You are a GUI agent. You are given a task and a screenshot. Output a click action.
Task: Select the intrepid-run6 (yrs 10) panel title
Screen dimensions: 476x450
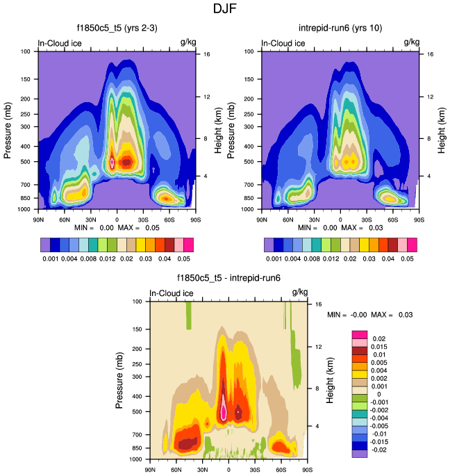340,28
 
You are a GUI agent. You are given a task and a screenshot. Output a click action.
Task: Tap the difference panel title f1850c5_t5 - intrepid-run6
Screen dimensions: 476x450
228,278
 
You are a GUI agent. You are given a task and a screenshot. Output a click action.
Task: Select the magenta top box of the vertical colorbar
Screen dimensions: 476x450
359,335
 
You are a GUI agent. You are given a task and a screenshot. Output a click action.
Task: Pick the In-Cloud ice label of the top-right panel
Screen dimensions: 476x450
283,43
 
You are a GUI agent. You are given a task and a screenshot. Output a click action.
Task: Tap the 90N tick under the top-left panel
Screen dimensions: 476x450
38,220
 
